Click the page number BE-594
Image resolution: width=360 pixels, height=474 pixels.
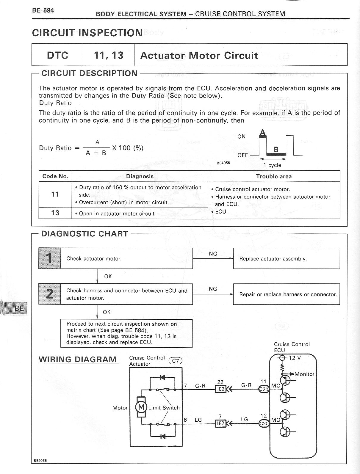click(43, 10)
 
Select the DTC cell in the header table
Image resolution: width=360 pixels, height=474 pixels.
click(57, 55)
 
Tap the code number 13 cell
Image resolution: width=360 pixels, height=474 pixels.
click(55, 213)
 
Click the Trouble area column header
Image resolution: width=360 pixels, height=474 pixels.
click(274, 176)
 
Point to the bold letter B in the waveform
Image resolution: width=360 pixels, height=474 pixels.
click(276, 149)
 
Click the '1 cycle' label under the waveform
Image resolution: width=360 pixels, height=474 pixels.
click(272, 165)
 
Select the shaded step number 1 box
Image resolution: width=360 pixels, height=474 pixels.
click(50, 258)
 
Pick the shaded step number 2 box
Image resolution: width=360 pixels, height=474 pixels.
click(50, 294)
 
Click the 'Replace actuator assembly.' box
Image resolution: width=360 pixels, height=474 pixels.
click(286, 259)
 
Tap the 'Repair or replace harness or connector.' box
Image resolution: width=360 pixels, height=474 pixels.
click(286, 294)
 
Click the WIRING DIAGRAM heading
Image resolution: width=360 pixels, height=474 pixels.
click(78, 359)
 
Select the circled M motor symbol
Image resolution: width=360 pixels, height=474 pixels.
click(141, 406)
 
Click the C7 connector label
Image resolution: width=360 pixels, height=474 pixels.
click(175, 361)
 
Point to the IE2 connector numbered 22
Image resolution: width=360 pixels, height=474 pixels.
click(220, 388)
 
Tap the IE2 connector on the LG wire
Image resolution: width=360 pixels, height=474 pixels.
click(220, 423)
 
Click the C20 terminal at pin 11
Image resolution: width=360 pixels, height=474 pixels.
click(264, 389)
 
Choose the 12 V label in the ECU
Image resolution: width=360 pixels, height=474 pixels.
click(295, 358)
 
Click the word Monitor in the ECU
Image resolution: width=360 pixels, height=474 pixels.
click(304, 374)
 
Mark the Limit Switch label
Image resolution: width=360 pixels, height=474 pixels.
click(164, 408)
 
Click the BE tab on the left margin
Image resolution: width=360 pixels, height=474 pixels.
click(19, 308)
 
